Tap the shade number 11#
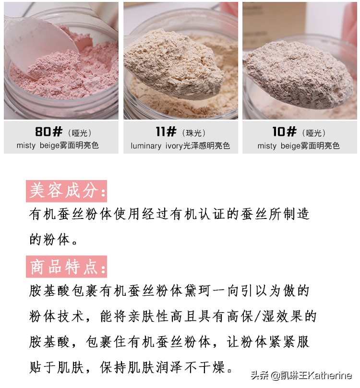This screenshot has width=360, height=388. [166, 132]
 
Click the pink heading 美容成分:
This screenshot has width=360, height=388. [66, 191]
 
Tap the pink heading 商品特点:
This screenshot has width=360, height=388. [66, 267]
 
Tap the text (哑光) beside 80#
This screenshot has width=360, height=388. [79, 133]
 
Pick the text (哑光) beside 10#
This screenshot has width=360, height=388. [314, 133]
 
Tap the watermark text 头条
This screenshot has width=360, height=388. [259, 375]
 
